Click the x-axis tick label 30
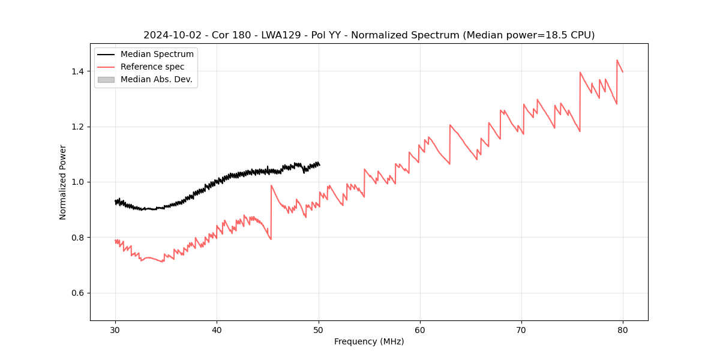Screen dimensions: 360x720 115,329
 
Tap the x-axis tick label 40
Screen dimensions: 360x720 217,329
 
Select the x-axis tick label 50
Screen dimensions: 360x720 319,329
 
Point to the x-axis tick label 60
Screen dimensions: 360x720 420,329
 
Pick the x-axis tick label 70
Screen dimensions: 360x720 521,329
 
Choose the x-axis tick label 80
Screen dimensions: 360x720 623,329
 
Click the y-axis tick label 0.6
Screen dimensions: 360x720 77,293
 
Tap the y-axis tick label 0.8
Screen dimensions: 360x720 77,238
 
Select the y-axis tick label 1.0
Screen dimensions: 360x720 77,182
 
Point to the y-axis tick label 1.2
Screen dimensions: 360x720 77,127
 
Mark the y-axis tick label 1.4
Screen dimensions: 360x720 77,71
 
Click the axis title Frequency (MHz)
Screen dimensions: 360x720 369,341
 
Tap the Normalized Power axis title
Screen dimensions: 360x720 63,182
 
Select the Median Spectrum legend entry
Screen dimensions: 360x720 157,55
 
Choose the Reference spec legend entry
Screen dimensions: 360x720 152,67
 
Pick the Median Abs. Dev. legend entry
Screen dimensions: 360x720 156,79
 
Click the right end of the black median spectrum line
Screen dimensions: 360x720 319,164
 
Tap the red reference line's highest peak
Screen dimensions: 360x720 617,60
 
